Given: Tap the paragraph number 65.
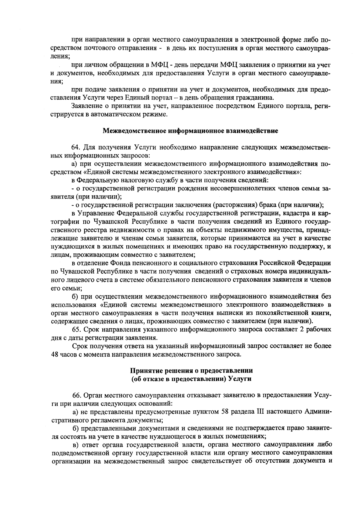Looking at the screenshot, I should coord(76,329).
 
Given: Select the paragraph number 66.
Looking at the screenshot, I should coord(76,395).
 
